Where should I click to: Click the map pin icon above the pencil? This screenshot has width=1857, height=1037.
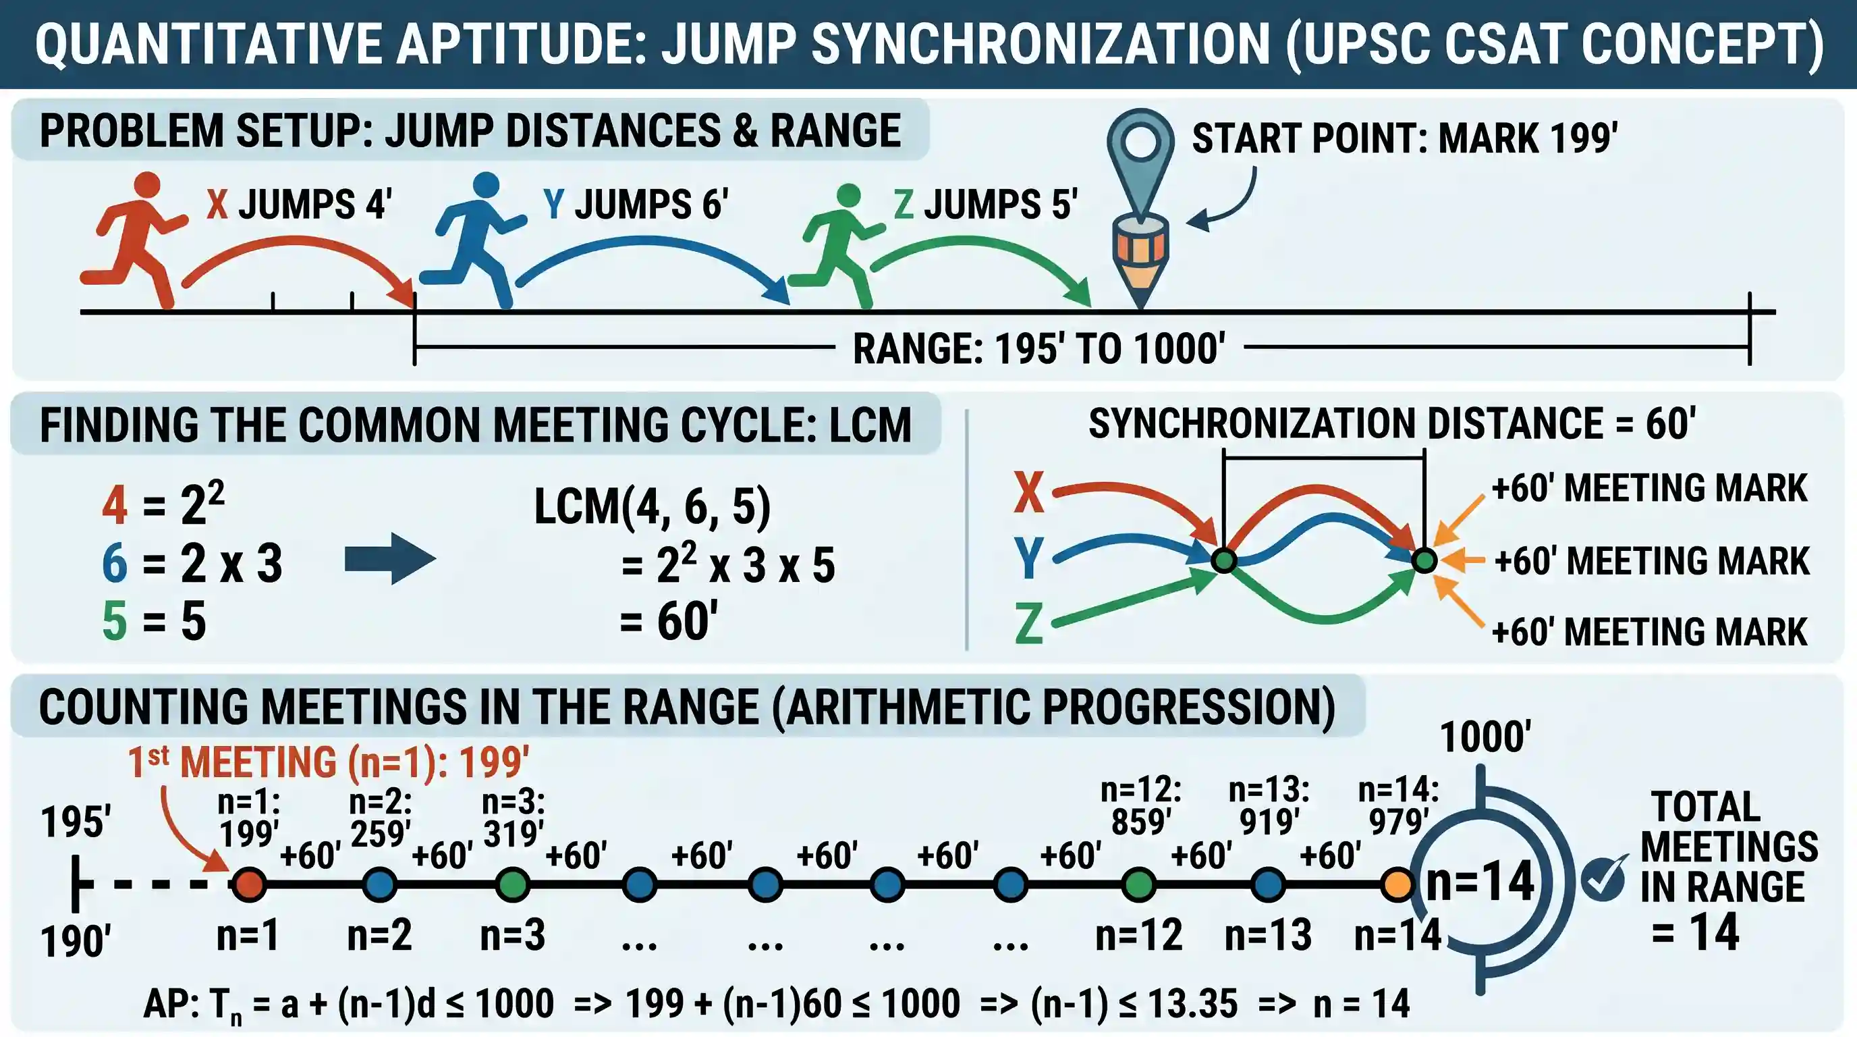tap(1140, 162)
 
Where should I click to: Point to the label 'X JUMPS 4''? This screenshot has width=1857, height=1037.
tap(299, 204)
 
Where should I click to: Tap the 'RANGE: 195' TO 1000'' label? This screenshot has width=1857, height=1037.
tap(1038, 349)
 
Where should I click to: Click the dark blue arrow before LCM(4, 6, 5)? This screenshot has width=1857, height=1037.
tap(390, 559)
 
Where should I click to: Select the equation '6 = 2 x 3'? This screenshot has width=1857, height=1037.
tap(192, 563)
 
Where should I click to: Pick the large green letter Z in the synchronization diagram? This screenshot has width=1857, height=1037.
tap(1028, 624)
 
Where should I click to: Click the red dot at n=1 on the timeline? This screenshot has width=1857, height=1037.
tap(249, 884)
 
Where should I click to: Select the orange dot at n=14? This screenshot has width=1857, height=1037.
tap(1397, 885)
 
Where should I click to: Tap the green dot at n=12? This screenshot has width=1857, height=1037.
tap(1139, 885)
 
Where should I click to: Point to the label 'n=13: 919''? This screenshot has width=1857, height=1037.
tap(1269, 805)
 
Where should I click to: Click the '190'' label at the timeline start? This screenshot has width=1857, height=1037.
tap(76, 942)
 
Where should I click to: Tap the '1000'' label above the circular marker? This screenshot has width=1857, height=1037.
tap(1485, 737)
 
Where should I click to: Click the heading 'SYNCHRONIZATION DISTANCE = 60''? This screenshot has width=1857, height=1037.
tap(1392, 423)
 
